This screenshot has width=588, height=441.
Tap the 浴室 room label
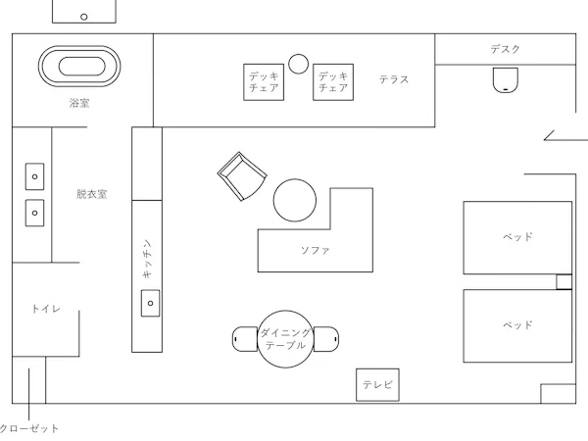pos(79,103)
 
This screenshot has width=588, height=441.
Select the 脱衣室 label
pos(92,194)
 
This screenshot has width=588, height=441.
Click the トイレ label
pos(46,309)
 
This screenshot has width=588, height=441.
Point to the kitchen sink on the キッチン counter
pos(150,303)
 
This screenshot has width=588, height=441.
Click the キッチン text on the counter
pos(147,259)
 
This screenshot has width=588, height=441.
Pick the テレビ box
pos(377,385)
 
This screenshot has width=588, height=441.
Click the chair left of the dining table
pos(245,339)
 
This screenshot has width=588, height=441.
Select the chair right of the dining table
pos(326,339)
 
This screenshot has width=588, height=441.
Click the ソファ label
pos(316,250)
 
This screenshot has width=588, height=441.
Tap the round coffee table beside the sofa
pos(295,200)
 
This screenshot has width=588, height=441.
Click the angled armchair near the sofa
pos(242,176)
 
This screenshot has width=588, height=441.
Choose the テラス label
pos(394,79)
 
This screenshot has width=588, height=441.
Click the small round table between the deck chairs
pos(299,64)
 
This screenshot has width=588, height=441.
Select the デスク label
pos(505,49)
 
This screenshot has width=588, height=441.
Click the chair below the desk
pos(506,80)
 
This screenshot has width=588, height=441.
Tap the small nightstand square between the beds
pos(564,281)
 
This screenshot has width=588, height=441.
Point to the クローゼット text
pos(29,428)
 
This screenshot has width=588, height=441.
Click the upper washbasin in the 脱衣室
pos(35,176)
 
